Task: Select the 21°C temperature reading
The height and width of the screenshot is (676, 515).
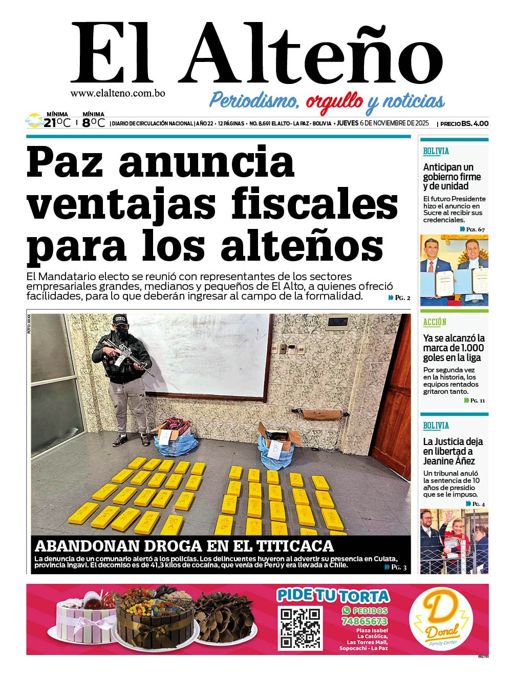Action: pyautogui.click(x=56, y=123)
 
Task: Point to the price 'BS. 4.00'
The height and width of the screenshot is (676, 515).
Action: pyautogui.click(x=475, y=123)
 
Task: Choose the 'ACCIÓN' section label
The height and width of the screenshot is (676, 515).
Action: pyautogui.click(x=435, y=322)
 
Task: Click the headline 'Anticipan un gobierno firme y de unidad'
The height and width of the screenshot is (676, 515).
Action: pyautogui.click(x=452, y=177)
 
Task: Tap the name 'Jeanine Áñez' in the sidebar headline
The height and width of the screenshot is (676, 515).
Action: pyautogui.click(x=448, y=461)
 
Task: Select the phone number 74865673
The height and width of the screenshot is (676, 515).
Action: pyautogui.click(x=364, y=621)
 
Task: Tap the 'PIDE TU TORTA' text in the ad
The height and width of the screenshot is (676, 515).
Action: pyautogui.click(x=333, y=596)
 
